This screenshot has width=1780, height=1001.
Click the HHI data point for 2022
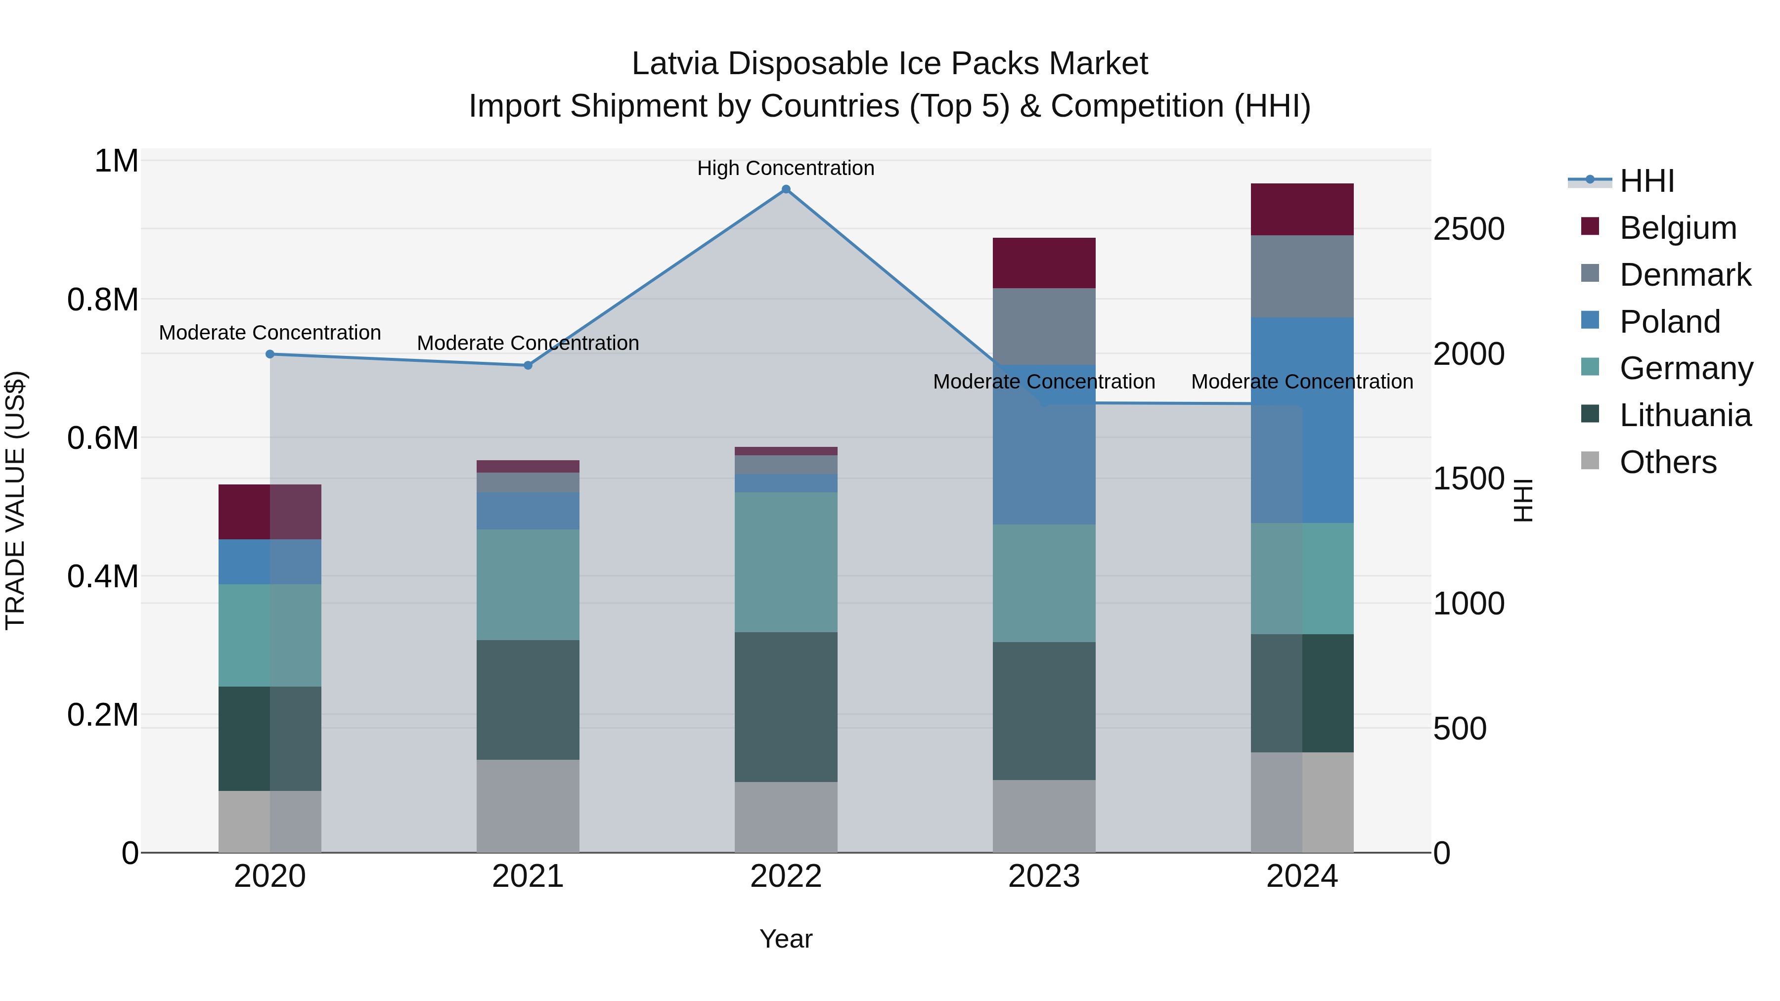click(786, 189)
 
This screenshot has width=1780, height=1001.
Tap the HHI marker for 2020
click(270, 354)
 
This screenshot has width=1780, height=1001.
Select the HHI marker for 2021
click(528, 365)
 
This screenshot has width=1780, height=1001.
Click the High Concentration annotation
click(786, 169)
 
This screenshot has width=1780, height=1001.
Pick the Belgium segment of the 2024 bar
click(1302, 209)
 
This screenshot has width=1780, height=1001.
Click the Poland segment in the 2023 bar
click(1044, 444)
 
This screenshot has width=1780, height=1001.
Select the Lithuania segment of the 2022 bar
click(786, 707)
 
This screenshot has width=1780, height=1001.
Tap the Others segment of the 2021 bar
click(528, 806)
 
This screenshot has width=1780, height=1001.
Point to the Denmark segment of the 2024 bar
click(1302, 276)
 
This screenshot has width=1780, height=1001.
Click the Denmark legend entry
click(1685, 275)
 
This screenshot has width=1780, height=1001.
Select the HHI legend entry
click(1646, 181)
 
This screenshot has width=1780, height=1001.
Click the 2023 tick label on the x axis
click(1044, 876)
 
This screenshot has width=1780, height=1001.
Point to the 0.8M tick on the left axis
click(102, 300)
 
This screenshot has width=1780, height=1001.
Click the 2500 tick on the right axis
click(1469, 229)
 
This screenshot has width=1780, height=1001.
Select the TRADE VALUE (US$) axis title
click(15, 500)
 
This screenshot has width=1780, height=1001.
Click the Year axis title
click(786, 939)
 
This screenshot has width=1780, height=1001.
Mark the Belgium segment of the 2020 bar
click(269, 512)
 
